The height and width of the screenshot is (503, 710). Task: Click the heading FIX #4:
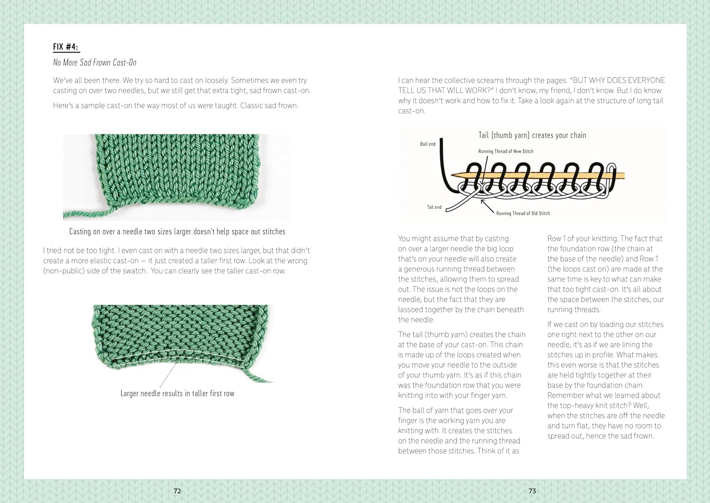tap(66, 47)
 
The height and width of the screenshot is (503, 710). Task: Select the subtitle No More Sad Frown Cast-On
tap(95, 62)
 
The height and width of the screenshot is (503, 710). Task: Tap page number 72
tap(177, 491)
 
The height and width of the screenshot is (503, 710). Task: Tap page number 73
tap(532, 491)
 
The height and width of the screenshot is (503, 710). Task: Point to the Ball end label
tap(427, 144)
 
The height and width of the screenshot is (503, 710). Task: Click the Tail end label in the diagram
tap(434, 207)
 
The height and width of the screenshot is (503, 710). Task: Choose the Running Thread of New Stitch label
tap(506, 151)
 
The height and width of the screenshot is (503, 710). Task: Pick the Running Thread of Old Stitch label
tap(523, 213)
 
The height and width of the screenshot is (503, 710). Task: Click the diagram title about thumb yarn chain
tap(532, 135)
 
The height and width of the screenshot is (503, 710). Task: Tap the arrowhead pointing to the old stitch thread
tap(483, 202)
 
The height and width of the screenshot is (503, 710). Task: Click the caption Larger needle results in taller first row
tap(177, 393)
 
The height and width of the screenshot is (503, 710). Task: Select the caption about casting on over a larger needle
tap(177, 232)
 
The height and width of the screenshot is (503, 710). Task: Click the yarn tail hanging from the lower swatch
tap(258, 376)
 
